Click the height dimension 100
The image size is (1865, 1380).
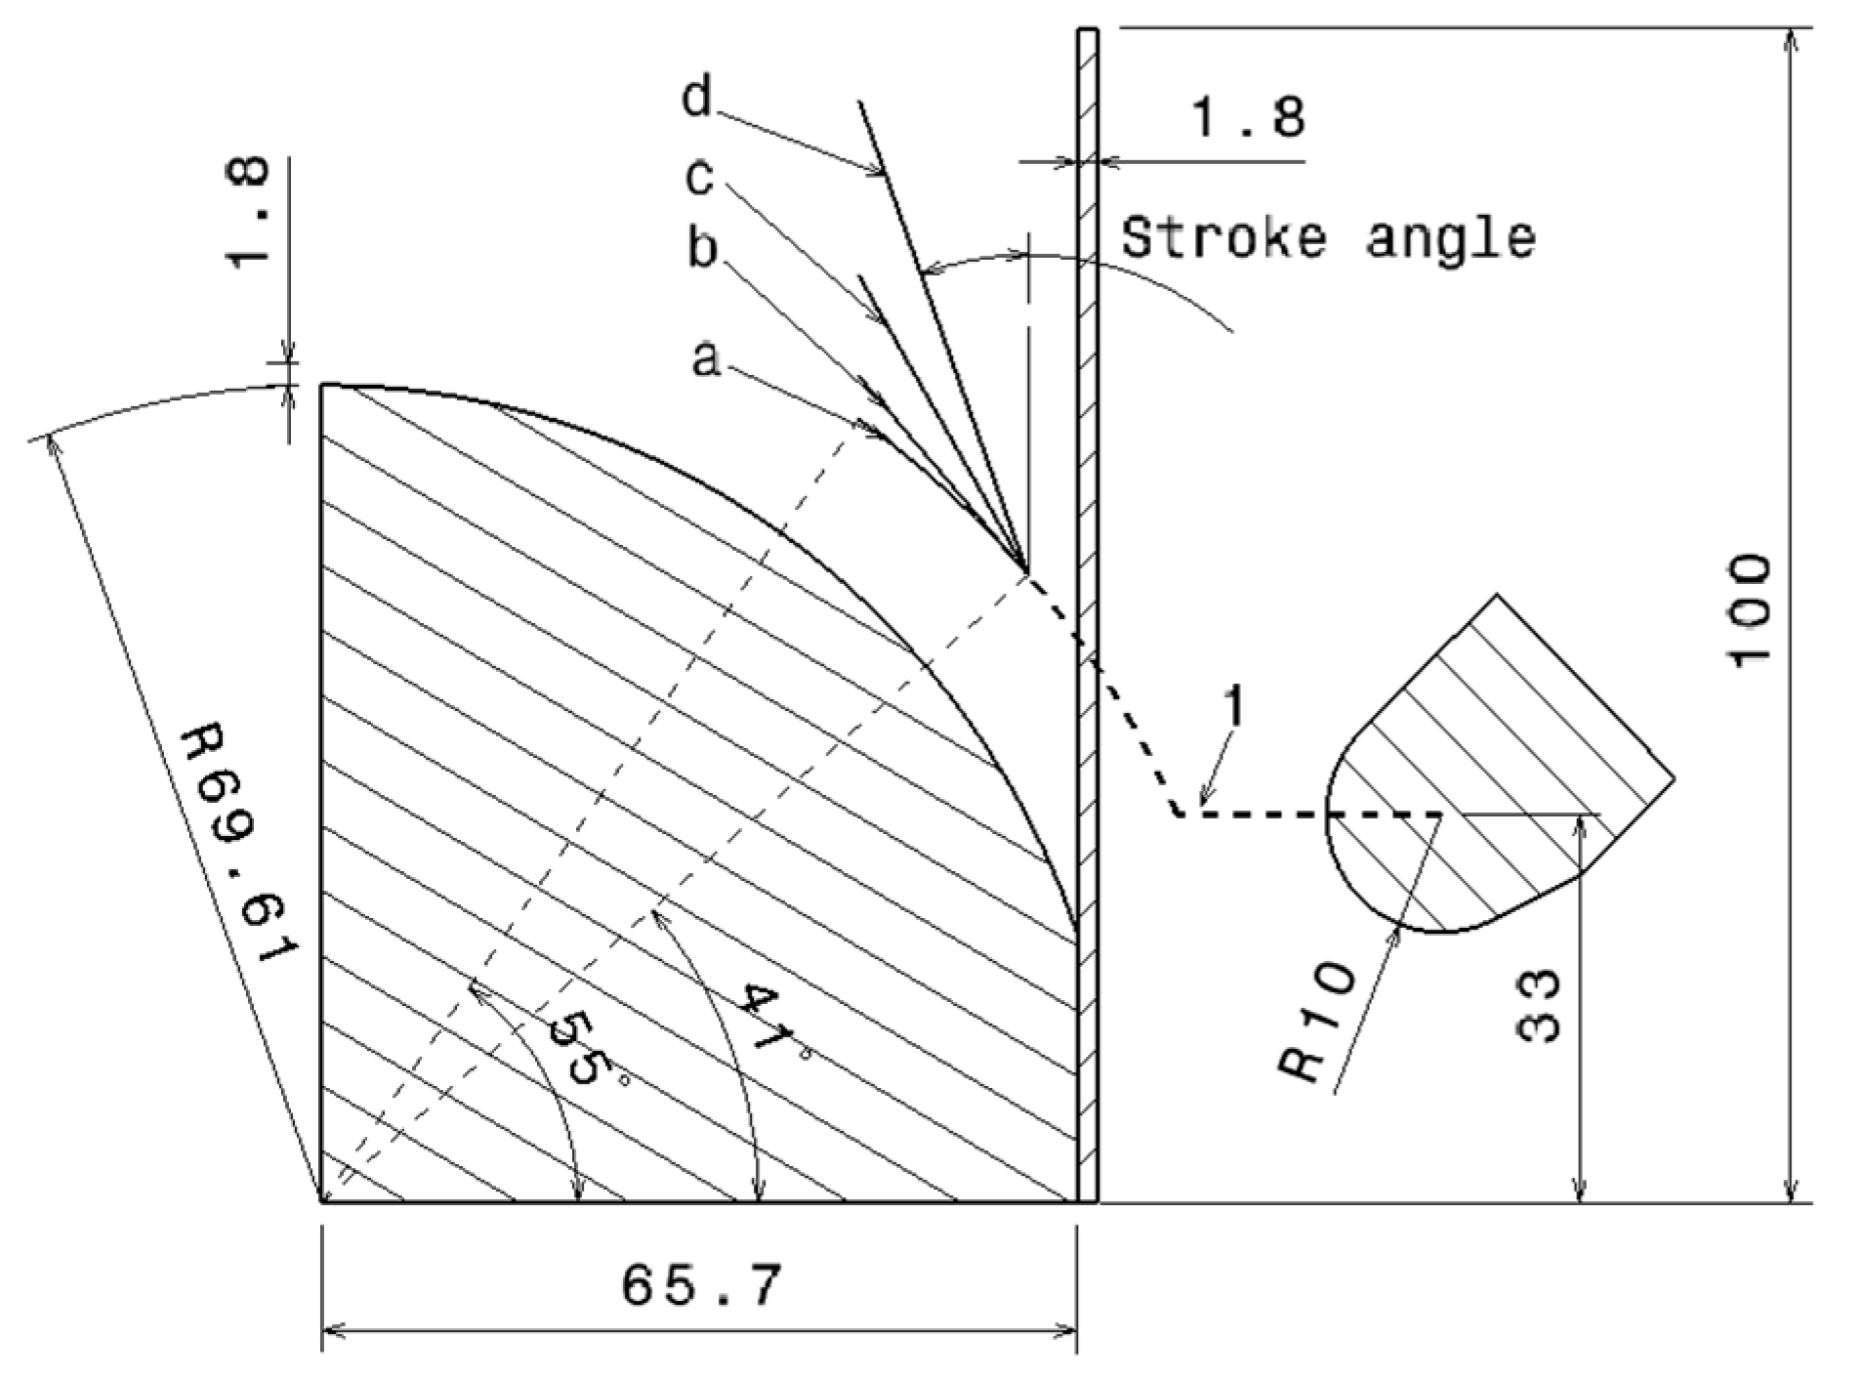(1749, 612)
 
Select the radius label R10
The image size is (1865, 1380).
(1319, 1023)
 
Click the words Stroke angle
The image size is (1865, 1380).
(1328, 238)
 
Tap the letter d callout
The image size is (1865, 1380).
(697, 99)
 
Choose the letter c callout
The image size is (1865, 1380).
(699, 178)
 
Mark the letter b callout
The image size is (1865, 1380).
(702, 248)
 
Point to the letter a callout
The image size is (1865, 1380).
(706, 359)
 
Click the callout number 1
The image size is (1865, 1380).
(1234, 705)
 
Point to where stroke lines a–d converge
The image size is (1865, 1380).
(1025, 570)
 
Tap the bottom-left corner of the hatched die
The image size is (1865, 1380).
(323, 1201)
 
